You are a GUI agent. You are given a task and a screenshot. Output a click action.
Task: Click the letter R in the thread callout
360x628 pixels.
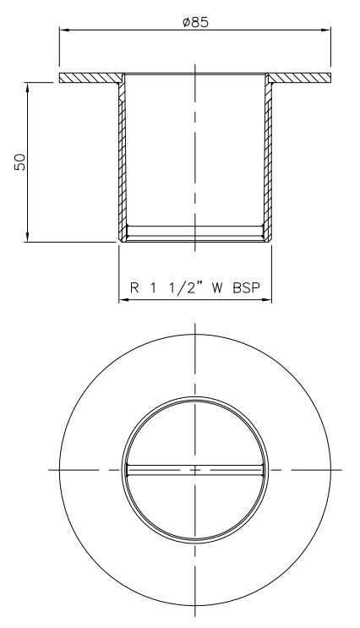pyautogui.click(x=135, y=286)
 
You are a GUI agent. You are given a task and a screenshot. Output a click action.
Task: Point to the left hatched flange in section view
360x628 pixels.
pyautogui.click(x=90, y=78)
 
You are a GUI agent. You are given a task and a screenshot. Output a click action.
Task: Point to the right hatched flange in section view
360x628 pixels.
pyautogui.click(x=300, y=78)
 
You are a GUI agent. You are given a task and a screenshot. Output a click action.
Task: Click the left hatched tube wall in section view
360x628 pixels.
pyautogui.click(x=121, y=161)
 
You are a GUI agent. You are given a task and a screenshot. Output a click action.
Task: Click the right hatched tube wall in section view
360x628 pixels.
pyautogui.click(x=270, y=161)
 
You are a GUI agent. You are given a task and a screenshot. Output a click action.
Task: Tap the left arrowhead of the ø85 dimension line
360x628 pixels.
pyautogui.click(x=63, y=31)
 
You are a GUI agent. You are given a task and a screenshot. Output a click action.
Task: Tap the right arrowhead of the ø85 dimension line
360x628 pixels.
pyautogui.click(x=325, y=31)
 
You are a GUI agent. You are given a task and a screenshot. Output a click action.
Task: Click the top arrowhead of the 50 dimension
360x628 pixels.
pyautogui.click(x=30, y=86)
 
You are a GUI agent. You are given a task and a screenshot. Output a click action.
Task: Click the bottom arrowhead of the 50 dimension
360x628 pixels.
pyautogui.click(x=30, y=238)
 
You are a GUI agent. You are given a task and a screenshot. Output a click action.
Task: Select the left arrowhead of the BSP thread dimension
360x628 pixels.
pyautogui.click(x=123, y=300)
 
